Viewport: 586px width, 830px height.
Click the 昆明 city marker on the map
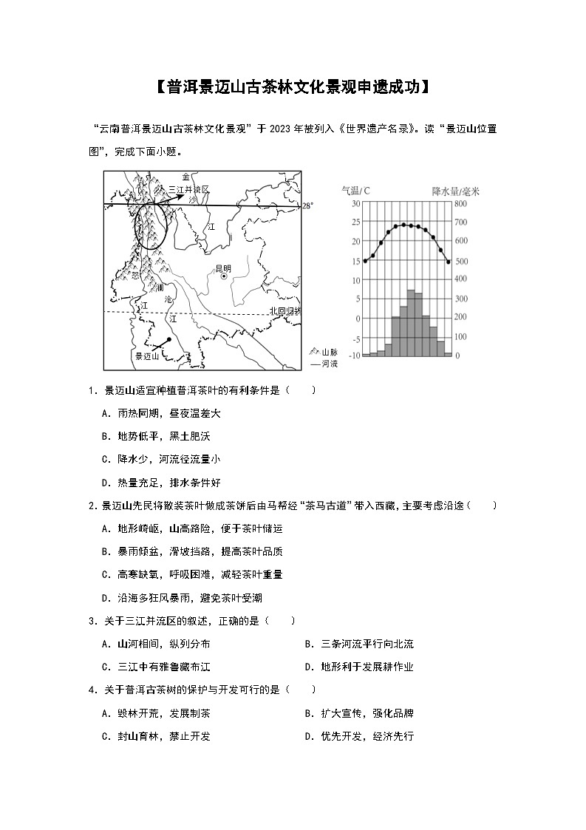click(224, 277)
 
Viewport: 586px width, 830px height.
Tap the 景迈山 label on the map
click(147, 356)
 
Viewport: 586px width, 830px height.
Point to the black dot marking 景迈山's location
click(169, 339)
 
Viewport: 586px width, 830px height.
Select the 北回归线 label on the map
click(285, 312)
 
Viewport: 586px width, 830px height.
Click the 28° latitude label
click(308, 207)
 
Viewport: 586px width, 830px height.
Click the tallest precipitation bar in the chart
click(411, 323)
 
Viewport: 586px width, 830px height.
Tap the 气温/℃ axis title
click(356, 191)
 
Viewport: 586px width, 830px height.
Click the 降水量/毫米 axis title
click(455, 191)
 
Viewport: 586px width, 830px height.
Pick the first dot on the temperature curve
click(365, 261)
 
